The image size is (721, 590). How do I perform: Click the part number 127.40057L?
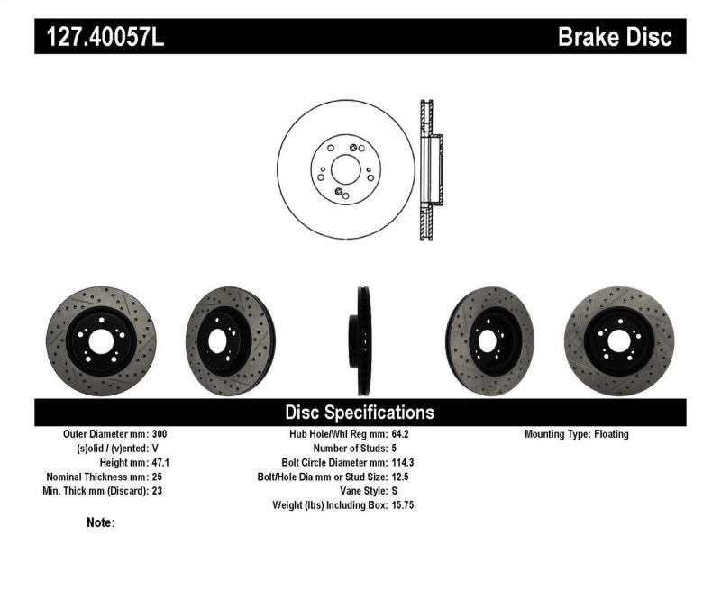100,37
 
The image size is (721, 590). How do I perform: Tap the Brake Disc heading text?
615,37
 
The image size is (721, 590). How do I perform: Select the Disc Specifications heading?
360,413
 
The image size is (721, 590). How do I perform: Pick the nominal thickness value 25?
159,477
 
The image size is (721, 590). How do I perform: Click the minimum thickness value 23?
159,491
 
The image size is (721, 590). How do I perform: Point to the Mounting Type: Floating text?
577,434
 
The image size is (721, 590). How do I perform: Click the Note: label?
101,522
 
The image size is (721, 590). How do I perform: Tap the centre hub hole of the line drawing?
345,168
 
